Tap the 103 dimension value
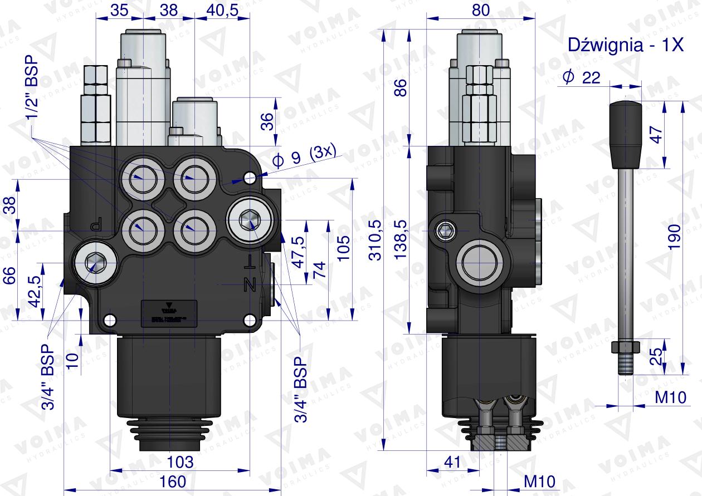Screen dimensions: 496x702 180,462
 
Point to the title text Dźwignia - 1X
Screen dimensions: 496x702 625,46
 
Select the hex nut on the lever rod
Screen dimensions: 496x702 624,347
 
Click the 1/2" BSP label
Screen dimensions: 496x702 32,88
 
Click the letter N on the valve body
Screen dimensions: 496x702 250,286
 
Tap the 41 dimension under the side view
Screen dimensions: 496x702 452,462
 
